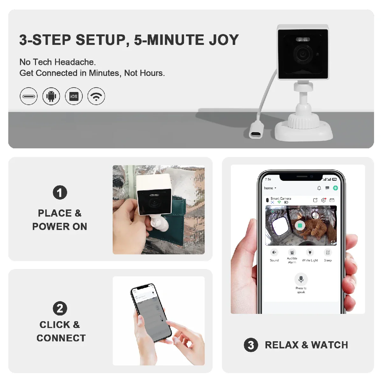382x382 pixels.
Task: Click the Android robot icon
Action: (51, 96)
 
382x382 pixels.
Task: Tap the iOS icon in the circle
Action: (74, 96)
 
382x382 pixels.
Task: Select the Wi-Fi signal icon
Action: (96, 96)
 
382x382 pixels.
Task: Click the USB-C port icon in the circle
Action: (29, 96)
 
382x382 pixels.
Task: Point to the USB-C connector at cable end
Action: (256, 134)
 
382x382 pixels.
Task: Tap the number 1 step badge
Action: (60, 193)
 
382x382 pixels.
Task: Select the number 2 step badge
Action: (60, 308)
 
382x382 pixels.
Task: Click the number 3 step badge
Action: (251, 345)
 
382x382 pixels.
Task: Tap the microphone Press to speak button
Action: (301, 279)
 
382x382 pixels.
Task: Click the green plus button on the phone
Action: (335, 188)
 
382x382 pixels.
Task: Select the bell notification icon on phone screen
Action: (319, 188)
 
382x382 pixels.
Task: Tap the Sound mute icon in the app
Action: (274, 252)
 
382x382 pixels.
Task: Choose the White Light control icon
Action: (310, 252)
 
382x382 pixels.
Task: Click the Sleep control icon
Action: (328, 252)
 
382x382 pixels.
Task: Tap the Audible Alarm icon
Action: (292, 252)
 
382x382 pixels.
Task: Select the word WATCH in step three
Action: (329, 345)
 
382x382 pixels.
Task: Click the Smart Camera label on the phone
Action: (281, 198)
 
